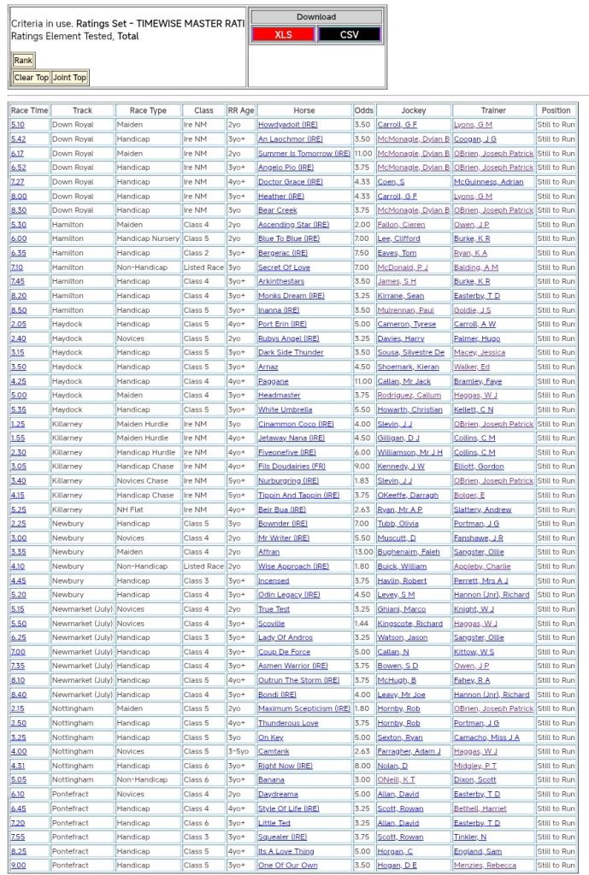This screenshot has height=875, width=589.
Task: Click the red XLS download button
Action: [283, 34]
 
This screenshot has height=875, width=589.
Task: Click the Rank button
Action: [23, 61]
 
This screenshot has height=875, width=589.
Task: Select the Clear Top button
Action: [31, 78]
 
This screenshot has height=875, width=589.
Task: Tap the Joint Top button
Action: [69, 78]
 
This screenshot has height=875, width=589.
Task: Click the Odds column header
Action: [363, 110]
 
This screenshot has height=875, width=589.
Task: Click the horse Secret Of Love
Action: [284, 267]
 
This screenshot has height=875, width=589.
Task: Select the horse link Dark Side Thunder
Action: [291, 353]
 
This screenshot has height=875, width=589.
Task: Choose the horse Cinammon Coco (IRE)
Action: [296, 424]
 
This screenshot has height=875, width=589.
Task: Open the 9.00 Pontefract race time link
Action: [18, 866]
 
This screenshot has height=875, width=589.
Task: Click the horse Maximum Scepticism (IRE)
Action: [303, 708]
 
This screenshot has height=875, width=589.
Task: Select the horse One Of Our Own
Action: [287, 866]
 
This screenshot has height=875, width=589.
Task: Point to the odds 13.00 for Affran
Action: [363, 552]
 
